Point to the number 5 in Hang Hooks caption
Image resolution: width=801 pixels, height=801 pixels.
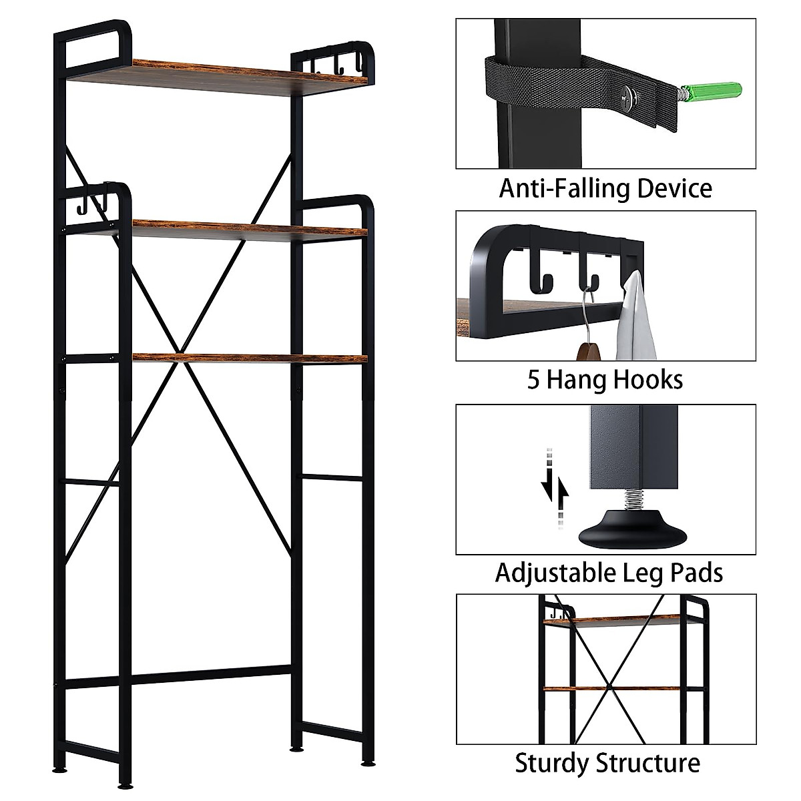click(x=534, y=380)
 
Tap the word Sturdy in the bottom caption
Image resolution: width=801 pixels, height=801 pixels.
click(x=553, y=763)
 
